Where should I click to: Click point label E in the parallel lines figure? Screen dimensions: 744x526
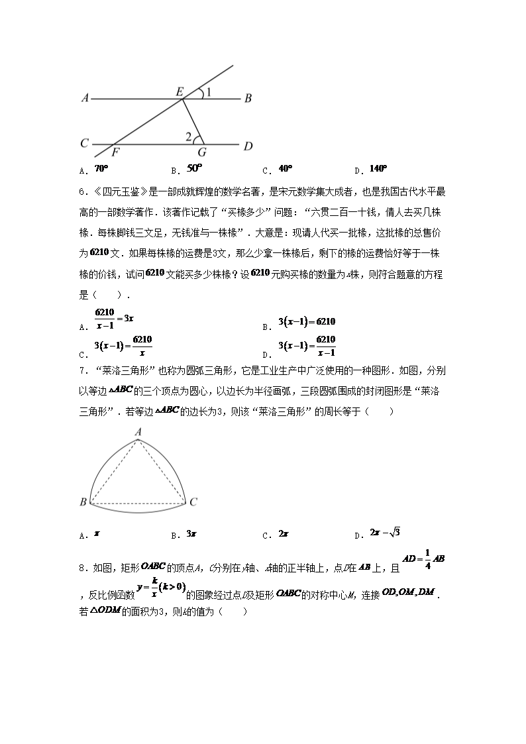[179, 92]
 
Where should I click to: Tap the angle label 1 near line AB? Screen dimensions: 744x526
[209, 93]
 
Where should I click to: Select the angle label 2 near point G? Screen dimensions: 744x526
[189, 137]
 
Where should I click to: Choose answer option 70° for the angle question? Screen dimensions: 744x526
[101, 169]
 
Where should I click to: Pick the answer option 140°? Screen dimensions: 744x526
[378, 169]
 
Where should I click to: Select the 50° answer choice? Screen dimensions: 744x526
[194, 169]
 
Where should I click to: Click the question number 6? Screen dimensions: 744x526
[82, 193]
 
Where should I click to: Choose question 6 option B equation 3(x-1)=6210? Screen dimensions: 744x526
[307, 322]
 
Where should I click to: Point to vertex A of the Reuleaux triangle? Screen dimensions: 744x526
[138, 432]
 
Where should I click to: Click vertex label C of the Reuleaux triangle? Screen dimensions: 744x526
[193, 503]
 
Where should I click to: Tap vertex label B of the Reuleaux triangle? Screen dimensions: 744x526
[83, 503]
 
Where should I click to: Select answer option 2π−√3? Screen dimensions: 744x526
[386, 533]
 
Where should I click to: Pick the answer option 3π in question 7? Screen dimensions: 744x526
[191, 534]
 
